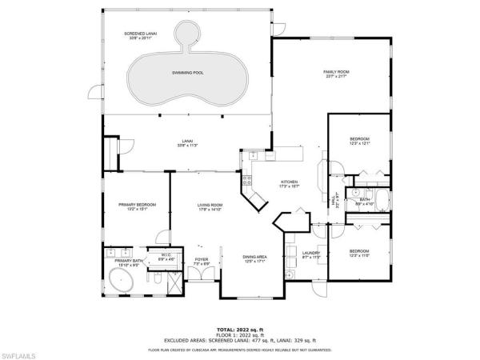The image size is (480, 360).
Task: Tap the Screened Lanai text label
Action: pos(140,34)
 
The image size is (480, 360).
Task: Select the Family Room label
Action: pos(337,72)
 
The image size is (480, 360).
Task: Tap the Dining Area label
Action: pos(254,257)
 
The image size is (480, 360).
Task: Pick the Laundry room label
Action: pos(312,254)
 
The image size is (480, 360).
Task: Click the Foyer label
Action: pos(202,259)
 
